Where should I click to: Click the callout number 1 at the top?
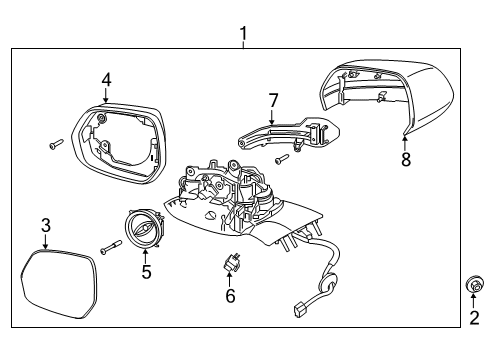[x=243, y=37]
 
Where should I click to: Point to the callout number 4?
[x=107, y=79]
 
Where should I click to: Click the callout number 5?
[x=145, y=271]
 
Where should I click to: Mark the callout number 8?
[x=405, y=159]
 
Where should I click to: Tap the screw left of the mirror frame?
[x=55, y=145]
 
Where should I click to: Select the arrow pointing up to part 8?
[x=404, y=141]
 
